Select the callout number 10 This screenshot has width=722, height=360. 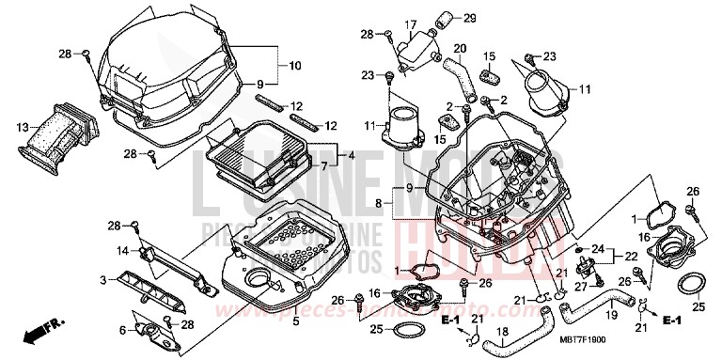pos(294,66)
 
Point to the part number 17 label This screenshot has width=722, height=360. pos(410,24)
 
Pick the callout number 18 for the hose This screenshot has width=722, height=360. pos(501,332)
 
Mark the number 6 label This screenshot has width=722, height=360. pos(122,329)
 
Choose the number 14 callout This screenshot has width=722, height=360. pos(121,250)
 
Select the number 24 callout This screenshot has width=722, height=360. pos(595,248)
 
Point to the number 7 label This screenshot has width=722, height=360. pos(325,166)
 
